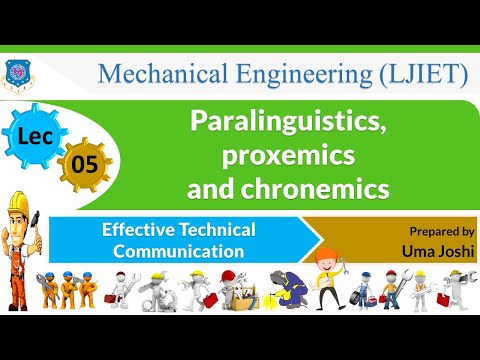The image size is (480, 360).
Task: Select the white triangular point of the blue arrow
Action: (x=313, y=240)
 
